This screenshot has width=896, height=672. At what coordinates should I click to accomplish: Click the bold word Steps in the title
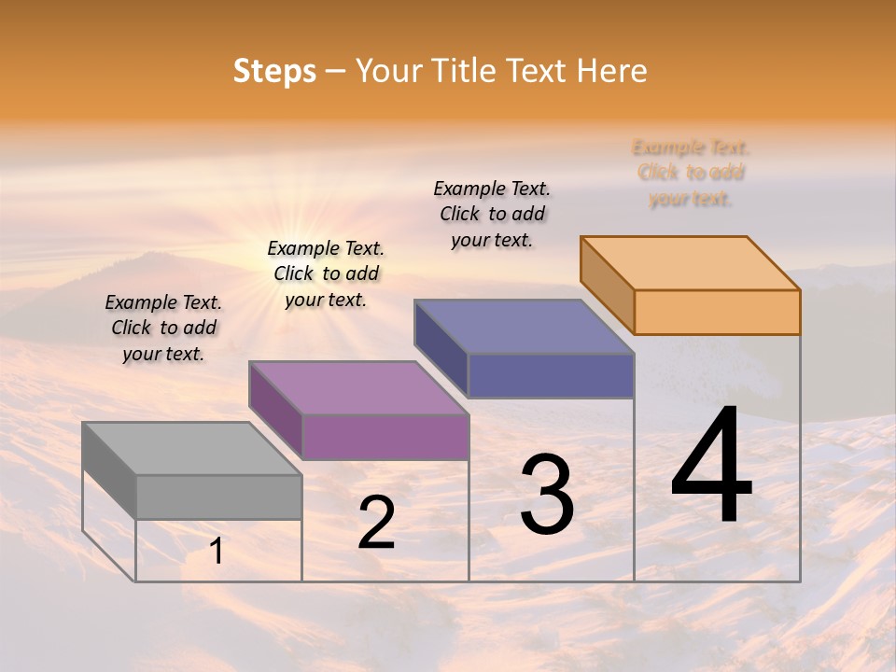[274, 71]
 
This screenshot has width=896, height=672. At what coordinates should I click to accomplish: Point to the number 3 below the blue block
[547, 494]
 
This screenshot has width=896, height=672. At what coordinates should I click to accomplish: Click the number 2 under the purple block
[376, 523]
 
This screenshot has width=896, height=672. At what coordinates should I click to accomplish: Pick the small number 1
[217, 552]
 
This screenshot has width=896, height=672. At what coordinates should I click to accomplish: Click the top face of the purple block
[358, 387]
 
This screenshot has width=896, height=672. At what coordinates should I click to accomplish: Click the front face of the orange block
[717, 312]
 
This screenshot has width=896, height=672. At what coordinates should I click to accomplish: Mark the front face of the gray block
[218, 497]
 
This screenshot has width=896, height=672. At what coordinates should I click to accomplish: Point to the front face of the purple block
[385, 437]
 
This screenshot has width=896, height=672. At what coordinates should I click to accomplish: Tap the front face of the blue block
[551, 375]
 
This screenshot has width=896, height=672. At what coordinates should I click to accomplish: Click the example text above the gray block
[163, 328]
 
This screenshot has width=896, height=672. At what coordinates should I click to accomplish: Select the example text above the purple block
[326, 273]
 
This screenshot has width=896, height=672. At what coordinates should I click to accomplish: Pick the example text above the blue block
[492, 214]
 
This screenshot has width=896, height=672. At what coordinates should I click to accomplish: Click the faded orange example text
[691, 173]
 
